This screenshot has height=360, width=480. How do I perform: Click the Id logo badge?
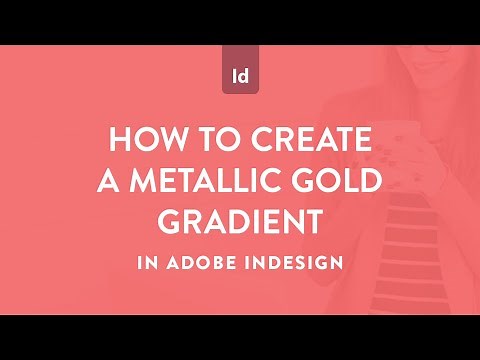point(240,75)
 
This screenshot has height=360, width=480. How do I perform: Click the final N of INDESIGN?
point(337,264)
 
